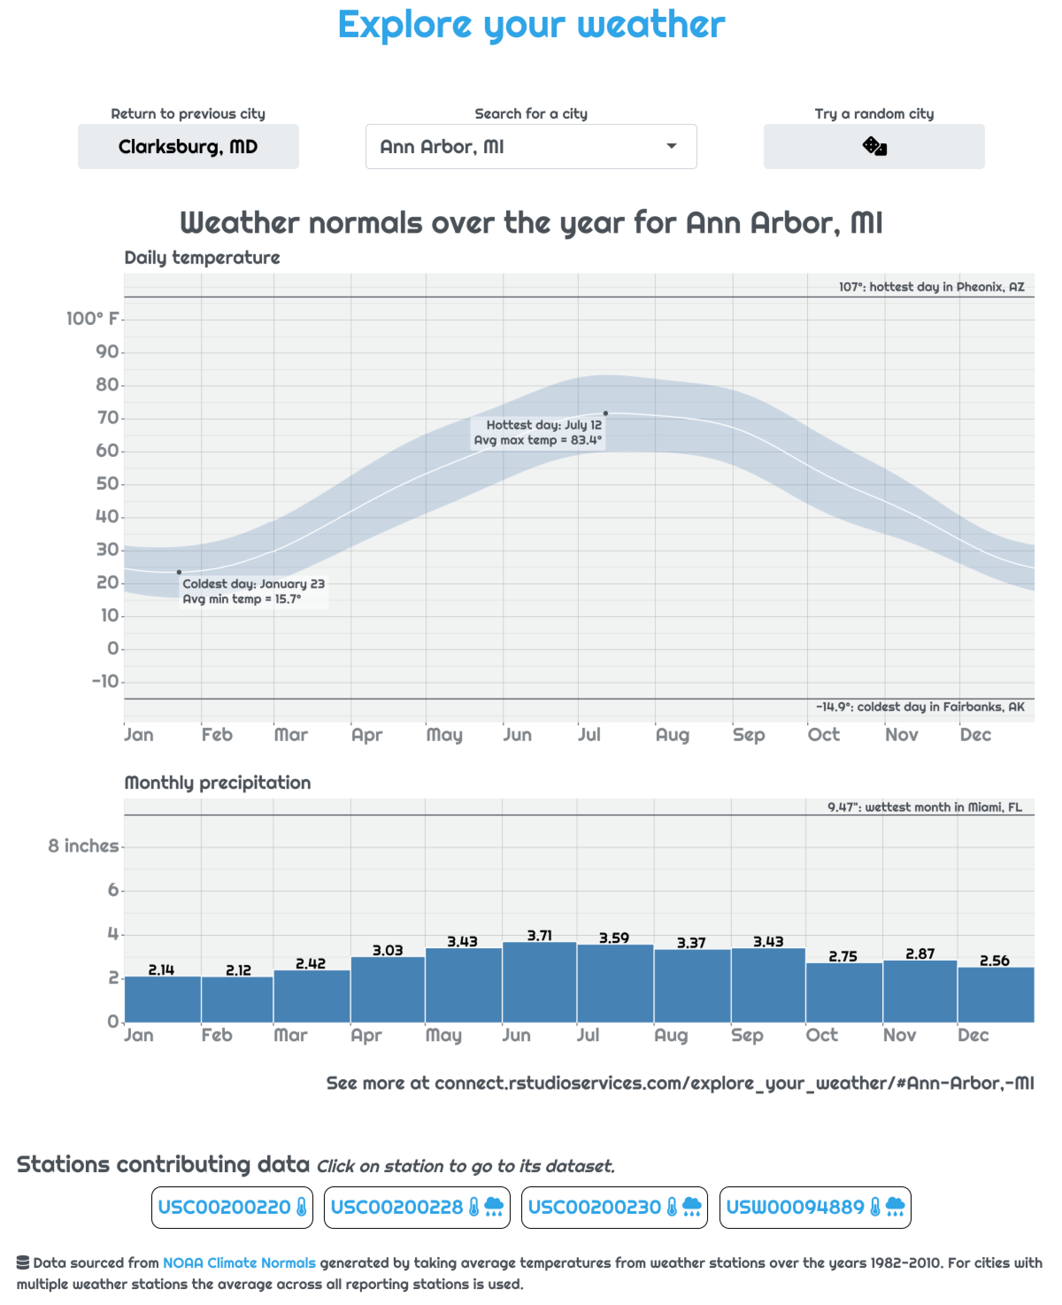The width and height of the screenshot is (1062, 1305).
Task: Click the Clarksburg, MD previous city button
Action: point(188,147)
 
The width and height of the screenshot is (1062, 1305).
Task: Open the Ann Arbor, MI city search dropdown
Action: point(531,147)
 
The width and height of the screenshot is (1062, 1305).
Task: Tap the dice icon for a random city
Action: point(873,147)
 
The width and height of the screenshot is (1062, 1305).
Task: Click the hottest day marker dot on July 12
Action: point(606,413)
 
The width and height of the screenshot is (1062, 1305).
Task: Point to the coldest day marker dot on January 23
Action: point(179,572)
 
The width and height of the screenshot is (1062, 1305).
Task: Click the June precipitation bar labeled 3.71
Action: point(539,982)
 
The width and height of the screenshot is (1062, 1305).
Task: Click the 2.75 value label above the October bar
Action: point(843,956)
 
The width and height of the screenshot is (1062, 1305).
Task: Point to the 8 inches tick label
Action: point(83,846)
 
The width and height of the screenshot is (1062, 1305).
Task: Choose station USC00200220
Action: point(232,1207)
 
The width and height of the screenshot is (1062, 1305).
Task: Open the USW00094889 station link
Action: point(815,1207)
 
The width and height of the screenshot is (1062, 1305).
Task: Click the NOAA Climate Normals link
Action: point(239,1263)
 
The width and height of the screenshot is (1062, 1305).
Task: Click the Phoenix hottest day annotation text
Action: point(931,287)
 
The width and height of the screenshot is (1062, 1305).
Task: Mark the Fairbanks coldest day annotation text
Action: point(920,707)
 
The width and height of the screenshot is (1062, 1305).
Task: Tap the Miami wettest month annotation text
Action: point(924,807)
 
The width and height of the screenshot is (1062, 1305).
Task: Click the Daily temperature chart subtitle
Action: point(202,258)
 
